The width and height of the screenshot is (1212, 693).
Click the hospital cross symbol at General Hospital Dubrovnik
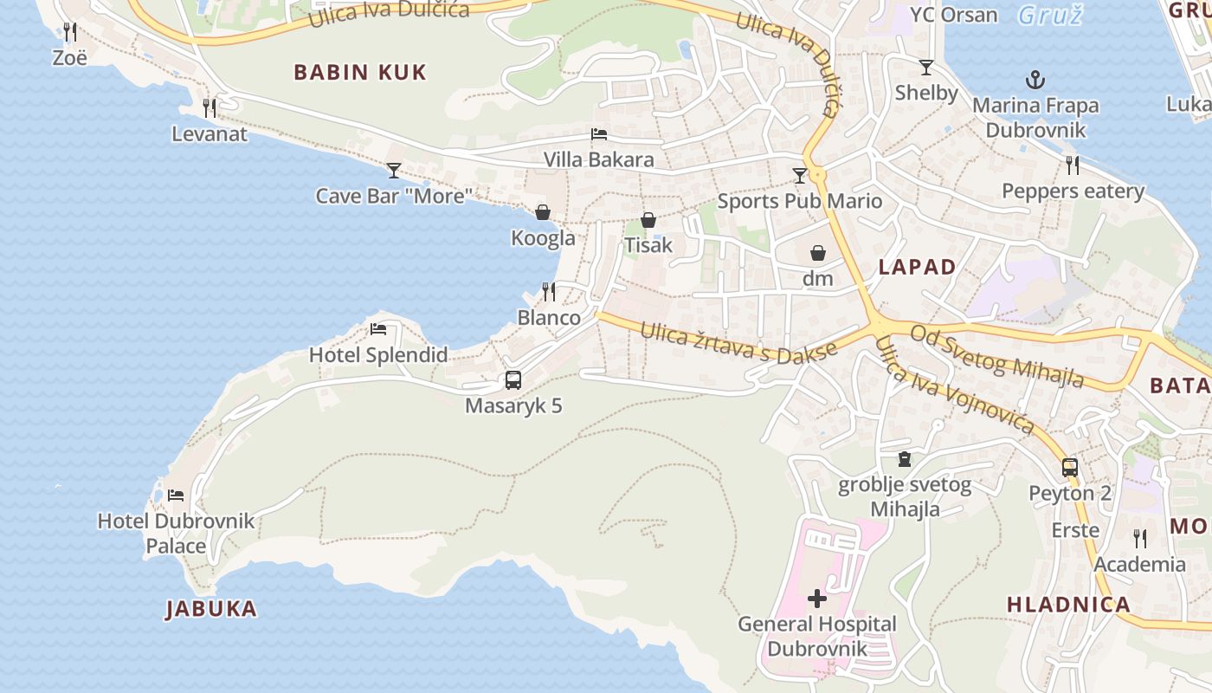(x=816, y=599)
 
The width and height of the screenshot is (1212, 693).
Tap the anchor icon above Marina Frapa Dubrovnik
(x=1035, y=81)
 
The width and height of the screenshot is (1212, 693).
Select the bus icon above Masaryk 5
(x=513, y=380)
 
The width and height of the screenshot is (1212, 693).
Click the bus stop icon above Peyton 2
(x=1070, y=468)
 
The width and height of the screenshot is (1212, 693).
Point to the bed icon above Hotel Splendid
(x=378, y=329)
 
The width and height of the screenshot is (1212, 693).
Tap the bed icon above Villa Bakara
(x=598, y=134)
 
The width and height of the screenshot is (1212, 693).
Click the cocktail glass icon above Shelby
(x=926, y=68)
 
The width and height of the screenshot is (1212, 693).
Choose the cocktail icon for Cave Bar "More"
(x=394, y=170)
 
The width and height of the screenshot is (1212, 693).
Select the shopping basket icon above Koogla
(x=543, y=212)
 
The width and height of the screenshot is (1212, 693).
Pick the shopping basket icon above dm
(x=817, y=253)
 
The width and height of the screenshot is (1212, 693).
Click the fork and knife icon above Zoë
(x=70, y=32)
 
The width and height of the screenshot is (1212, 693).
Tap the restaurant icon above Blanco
(x=548, y=292)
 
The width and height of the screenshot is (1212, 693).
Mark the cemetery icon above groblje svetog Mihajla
(x=905, y=459)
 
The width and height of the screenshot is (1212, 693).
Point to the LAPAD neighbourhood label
(x=917, y=267)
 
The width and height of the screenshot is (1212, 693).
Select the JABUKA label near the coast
(x=211, y=609)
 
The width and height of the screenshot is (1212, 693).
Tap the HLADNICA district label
(x=1068, y=605)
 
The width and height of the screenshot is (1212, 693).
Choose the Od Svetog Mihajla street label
(x=996, y=356)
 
